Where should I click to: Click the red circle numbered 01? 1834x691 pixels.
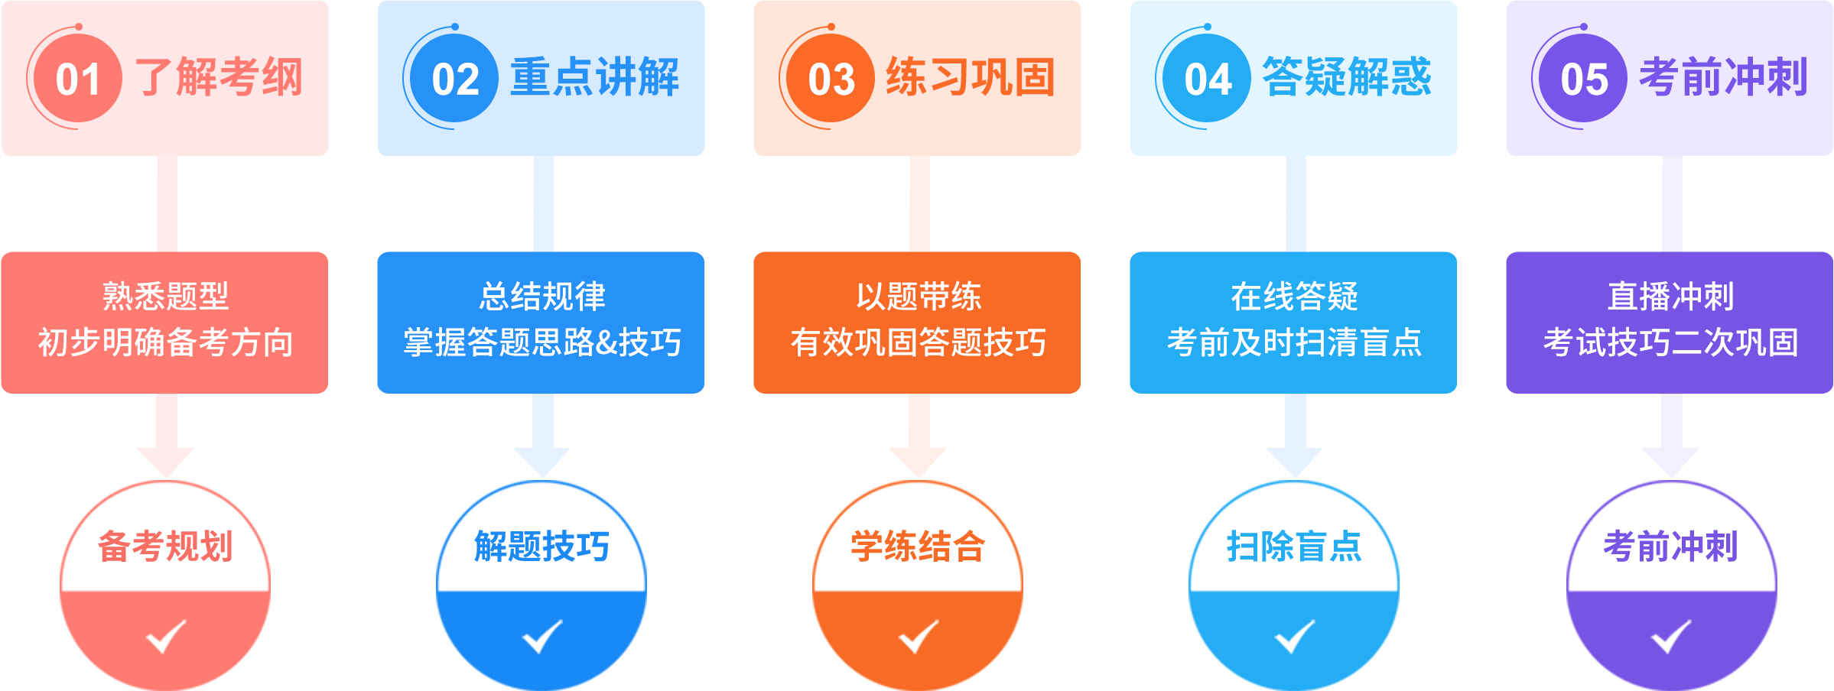77,79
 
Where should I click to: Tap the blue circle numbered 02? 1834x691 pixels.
454,79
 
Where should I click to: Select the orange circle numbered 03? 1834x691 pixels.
831,79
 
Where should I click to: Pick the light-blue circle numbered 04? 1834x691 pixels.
1207,79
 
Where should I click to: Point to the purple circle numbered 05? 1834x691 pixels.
1583,79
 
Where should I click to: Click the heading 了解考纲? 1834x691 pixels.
219,77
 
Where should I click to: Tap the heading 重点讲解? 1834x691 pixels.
595,77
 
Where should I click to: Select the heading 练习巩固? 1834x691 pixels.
971,77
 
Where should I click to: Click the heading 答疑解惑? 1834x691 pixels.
1348,77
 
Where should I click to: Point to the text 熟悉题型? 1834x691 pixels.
165,297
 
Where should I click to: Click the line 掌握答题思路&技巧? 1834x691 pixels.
542,342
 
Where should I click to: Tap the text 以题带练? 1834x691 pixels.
918,297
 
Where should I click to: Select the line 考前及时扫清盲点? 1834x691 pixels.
1294,342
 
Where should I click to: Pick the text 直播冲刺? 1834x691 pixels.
1670,297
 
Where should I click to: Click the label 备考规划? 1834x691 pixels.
165,547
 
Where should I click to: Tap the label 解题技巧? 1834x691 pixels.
541,547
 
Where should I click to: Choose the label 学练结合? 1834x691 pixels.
918,547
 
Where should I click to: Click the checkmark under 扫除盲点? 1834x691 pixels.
1294,636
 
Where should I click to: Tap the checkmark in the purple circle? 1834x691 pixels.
1670,636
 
